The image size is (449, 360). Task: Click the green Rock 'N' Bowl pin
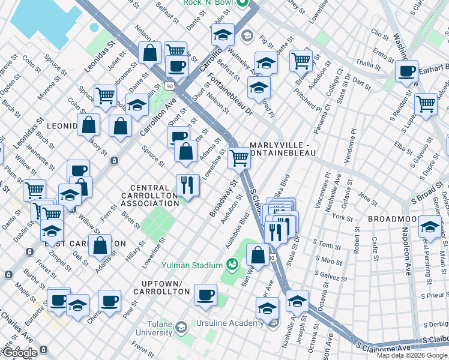(243, 3)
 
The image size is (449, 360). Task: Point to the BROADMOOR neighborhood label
(393, 220)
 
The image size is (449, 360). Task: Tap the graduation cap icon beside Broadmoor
(429, 227)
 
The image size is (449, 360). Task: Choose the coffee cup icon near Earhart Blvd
(406, 71)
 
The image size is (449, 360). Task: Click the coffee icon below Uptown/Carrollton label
(206, 295)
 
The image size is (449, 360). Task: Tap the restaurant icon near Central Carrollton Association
(188, 184)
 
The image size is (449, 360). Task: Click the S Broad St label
(427, 195)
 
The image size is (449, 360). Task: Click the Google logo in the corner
(20, 353)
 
